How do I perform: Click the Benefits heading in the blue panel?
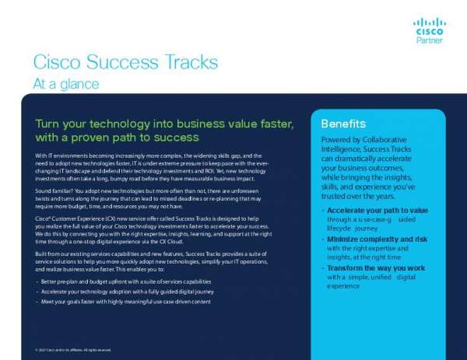343,124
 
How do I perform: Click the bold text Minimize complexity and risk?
377,239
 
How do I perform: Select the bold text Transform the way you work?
376,267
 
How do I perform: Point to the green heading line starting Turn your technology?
164,124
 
